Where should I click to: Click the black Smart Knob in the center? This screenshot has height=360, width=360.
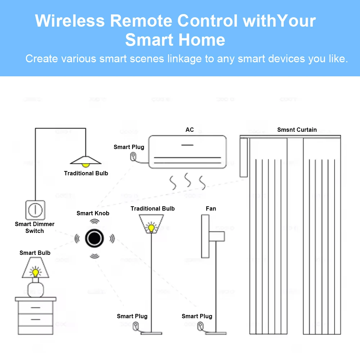[x=94, y=238]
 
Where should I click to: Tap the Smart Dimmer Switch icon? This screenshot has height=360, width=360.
[x=35, y=210]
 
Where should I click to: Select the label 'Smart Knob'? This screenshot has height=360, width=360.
[x=93, y=213]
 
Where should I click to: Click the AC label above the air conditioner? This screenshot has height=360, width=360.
[x=189, y=130]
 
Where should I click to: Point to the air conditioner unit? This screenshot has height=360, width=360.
[x=188, y=152]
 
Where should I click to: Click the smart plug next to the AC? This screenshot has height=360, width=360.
[x=133, y=157]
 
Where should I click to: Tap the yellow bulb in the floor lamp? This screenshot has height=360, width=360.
[x=151, y=228]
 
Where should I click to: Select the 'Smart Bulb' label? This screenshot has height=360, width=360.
[x=35, y=253]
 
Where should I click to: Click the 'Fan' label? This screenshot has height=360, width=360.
[x=211, y=208]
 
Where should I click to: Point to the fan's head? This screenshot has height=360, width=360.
[x=205, y=236]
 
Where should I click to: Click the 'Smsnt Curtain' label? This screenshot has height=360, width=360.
[x=297, y=130]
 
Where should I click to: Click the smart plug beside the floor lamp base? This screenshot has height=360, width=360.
[x=135, y=327]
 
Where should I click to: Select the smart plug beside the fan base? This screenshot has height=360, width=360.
[x=199, y=327]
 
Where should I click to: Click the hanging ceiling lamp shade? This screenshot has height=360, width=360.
[x=85, y=159]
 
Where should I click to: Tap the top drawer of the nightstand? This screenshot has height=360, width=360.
[x=36, y=307]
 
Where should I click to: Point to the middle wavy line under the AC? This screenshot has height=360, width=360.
[x=188, y=180]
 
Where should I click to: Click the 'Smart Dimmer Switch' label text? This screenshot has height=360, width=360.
[x=35, y=228]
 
